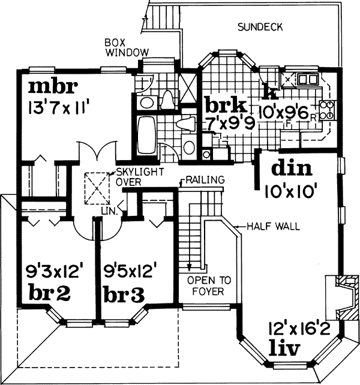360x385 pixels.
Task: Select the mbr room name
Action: [x=53, y=88]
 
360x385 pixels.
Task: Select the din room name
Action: [x=290, y=169]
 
